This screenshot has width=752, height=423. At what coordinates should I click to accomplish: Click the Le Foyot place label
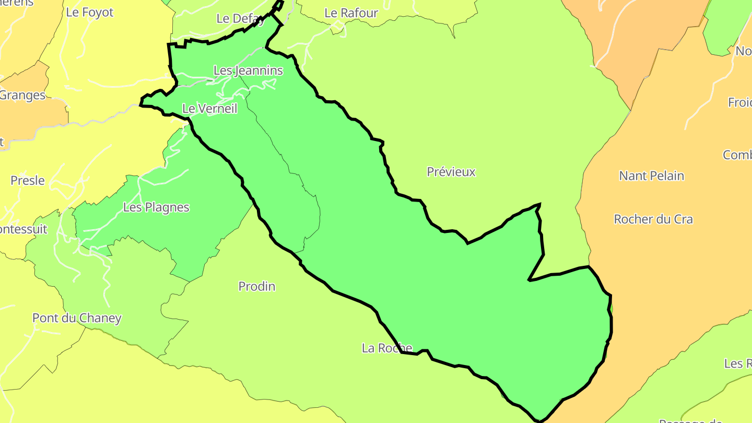click(x=89, y=13)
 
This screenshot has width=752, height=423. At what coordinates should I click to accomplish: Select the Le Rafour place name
click(x=351, y=13)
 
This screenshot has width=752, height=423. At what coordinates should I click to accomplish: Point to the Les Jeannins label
click(x=248, y=70)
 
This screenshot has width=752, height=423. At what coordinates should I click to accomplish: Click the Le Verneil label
click(x=209, y=109)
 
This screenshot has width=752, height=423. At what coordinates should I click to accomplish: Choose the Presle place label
click(x=28, y=181)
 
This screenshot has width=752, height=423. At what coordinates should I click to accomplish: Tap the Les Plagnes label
click(x=156, y=207)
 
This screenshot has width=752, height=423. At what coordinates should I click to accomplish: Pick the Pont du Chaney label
click(x=77, y=318)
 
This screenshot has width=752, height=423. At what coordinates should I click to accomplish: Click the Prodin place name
click(x=256, y=286)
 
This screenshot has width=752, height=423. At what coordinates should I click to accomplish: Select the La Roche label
click(x=387, y=348)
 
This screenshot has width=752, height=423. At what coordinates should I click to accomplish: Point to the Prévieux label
click(x=451, y=172)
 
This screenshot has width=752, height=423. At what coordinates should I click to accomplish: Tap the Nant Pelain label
click(x=651, y=176)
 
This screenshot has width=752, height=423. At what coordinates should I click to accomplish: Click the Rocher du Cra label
click(x=653, y=219)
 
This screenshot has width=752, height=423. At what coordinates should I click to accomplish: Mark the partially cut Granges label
click(x=22, y=96)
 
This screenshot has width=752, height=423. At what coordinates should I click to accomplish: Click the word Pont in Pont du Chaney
click(x=45, y=318)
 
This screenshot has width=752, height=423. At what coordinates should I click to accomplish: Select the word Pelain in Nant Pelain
click(x=666, y=176)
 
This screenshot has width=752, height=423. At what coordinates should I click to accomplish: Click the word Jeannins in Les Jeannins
click(x=258, y=70)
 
